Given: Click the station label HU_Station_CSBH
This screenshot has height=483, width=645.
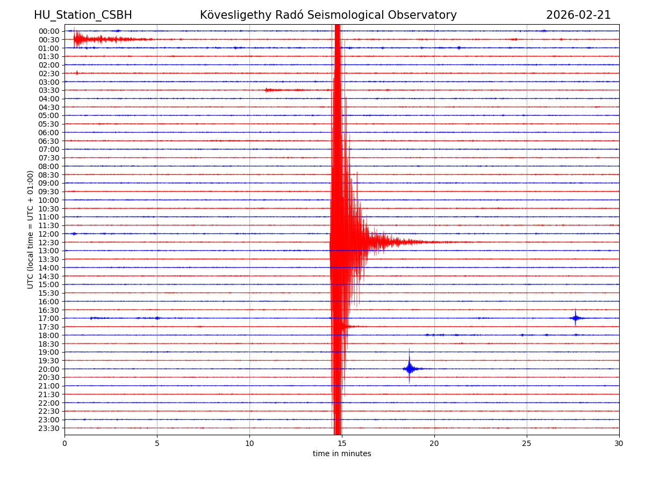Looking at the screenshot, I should [x=83, y=15].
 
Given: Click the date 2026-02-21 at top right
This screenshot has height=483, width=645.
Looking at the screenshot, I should [x=578, y=15].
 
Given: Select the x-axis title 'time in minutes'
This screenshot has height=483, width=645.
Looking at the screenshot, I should [x=342, y=454].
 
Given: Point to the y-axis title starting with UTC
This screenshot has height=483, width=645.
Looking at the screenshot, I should [x=31, y=229].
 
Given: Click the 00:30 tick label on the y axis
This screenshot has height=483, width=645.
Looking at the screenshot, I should [x=48, y=40].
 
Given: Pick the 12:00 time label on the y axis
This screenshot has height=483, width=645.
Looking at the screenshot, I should [x=48, y=234].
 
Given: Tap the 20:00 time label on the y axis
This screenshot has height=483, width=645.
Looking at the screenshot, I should [x=48, y=369].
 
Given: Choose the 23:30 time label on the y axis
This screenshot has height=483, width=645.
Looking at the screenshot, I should [x=48, y=428].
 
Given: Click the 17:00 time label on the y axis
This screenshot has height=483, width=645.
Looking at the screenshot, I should [x=48, y=318].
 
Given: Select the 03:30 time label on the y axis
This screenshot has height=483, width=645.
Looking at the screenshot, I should [x=48, y=90].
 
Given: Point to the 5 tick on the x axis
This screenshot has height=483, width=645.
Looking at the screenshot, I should [x=157, y=444].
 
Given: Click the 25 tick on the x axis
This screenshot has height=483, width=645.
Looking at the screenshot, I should [x=527, y=444].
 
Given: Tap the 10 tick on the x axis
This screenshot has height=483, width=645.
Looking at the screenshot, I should [x=249, y=444].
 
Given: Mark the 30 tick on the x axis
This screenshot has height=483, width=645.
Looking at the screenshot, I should [x=619, y=444].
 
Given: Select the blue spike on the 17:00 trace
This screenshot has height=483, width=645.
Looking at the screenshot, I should [x=575, y=318].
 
